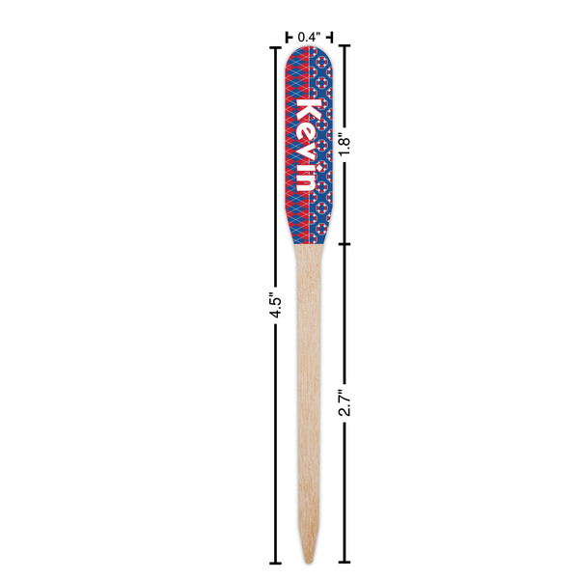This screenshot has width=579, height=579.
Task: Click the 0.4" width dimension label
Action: tap(309, 37)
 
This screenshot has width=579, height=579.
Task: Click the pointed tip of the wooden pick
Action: tap(309, 563)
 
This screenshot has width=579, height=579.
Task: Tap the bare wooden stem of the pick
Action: tap(309, 386)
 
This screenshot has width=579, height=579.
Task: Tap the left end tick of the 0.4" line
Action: tap(288, 37)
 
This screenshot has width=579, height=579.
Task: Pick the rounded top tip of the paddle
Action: tap(310, 49)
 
